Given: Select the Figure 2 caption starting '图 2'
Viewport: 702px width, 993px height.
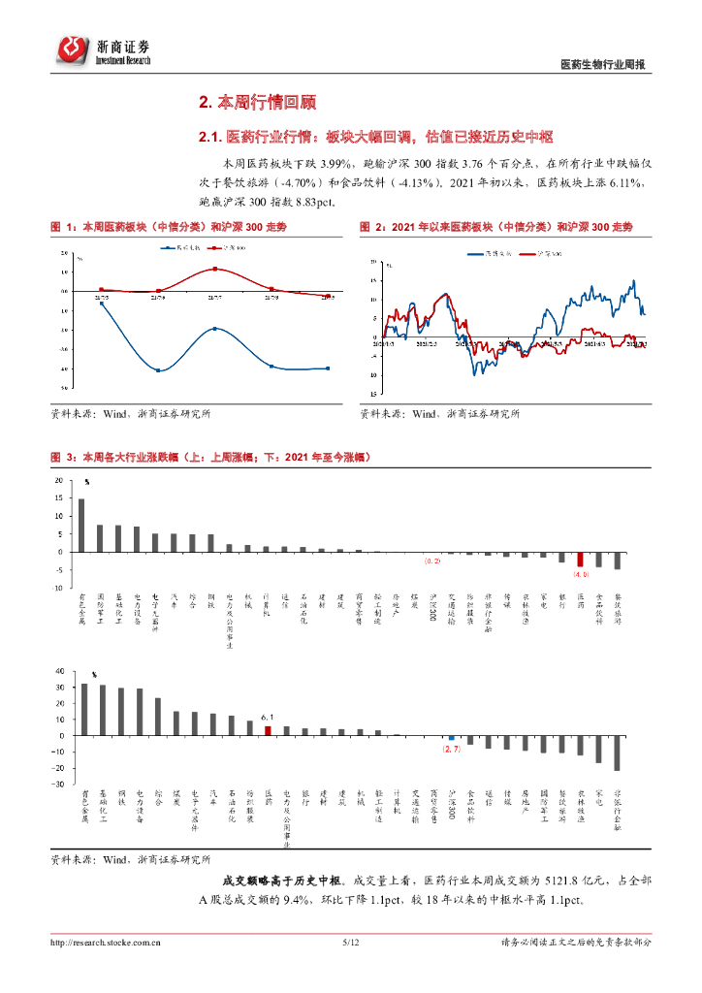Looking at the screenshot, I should point(495,226).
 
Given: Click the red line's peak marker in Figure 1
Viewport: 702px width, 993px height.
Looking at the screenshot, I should point(214,269).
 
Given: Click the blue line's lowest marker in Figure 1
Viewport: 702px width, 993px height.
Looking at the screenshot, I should point(158,370).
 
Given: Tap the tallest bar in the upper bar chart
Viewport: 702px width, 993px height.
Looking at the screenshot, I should point(81,526).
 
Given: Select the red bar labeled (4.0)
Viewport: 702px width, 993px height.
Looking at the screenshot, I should point(580,560).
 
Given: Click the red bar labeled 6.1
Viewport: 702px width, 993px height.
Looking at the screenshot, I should point(268,730).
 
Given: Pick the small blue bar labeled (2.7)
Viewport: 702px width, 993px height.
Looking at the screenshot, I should point(451,738).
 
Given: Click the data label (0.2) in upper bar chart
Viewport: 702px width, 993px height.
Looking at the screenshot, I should point(432,561).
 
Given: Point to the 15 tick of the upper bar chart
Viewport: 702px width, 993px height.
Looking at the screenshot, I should point(60,498).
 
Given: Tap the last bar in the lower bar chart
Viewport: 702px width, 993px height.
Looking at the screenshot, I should point(617,753).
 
